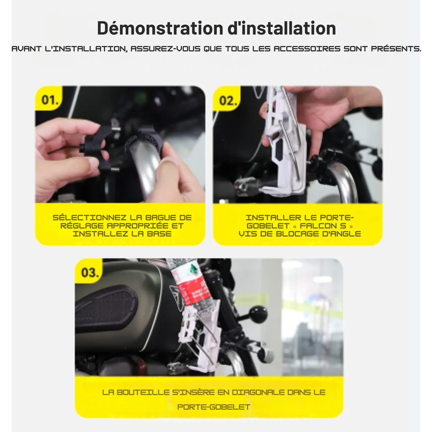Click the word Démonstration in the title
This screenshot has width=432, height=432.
coord(160,28)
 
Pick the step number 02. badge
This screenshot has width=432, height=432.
coord(228,101)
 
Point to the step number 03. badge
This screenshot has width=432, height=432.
coord(90,273)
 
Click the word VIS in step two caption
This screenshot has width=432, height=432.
coord(246,234)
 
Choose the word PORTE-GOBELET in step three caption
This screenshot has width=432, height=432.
coord(214,407)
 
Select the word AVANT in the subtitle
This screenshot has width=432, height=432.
coord(27,49)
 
